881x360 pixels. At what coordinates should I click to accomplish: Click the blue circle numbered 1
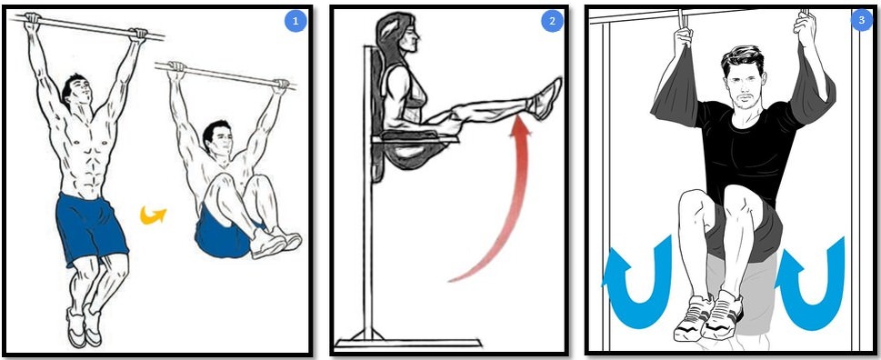coord(295,21)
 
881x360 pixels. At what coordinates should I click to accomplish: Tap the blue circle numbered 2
coord(552,21)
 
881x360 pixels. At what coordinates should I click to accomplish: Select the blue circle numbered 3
coord(861,21)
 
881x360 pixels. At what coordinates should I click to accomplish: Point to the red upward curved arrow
coord(514,208)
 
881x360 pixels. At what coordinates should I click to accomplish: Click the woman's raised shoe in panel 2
coord(544,98)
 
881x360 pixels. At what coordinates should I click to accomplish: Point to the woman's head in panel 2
coord(397,38)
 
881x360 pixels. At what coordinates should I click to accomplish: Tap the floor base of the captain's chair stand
coord(408,343)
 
